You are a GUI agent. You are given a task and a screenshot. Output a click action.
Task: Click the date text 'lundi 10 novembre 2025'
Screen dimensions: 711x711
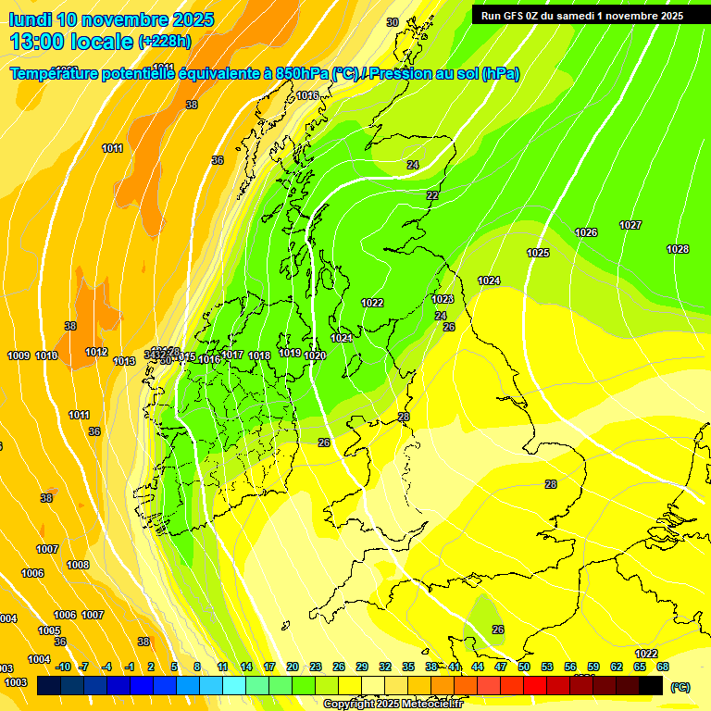point(111,19)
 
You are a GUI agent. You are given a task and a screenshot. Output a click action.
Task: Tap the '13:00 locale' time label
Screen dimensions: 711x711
point(71,41)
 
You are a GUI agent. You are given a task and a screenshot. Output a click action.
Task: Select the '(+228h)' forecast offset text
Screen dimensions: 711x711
point(164,42)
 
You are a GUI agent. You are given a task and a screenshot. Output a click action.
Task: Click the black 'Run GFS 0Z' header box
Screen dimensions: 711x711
point(582,15)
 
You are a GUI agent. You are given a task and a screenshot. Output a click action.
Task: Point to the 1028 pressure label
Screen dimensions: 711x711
point(678,249)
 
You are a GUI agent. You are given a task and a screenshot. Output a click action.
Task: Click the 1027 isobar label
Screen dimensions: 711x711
point(630,225)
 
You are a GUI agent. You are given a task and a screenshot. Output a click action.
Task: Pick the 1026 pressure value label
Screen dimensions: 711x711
point(586,232)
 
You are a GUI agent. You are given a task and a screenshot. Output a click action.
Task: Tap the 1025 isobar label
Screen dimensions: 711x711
point(538,253)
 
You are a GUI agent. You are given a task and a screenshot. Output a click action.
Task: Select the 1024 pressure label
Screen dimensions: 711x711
point(489,281)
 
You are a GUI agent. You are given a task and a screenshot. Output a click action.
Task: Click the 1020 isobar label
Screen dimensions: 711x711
point(315,355)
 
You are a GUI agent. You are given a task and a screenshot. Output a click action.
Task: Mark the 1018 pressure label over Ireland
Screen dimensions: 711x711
point(259,355)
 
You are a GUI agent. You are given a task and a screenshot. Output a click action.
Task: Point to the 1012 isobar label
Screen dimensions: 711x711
point(96,352)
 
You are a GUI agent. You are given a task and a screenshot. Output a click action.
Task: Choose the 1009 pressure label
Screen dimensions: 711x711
point(19,355)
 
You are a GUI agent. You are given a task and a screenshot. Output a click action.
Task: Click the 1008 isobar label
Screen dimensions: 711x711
point(78,565)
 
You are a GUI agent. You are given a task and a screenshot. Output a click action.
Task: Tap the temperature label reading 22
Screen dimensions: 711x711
point(432,195)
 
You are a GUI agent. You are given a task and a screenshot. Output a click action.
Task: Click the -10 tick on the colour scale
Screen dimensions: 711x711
point(63,667)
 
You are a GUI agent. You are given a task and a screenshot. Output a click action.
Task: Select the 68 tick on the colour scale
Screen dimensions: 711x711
point(663,667)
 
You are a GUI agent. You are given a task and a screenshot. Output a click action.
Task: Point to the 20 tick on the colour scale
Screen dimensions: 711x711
point(293,667)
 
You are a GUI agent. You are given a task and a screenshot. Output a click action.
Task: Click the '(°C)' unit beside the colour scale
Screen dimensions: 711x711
point(680,687)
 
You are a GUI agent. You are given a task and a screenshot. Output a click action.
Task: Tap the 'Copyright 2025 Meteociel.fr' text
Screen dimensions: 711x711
point(393,705)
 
